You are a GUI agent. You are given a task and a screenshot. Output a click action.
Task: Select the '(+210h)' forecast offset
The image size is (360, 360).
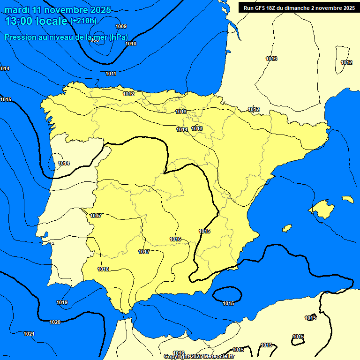click(83, 21)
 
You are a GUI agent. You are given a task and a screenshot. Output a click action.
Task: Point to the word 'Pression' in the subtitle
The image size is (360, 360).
click(20, 37)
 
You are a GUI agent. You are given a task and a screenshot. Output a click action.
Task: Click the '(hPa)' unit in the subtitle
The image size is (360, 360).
click(118, 37)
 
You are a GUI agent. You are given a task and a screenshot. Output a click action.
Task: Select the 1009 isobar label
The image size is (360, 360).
click(120, 26)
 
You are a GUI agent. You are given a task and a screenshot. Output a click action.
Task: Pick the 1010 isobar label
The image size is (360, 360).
click(131, 44)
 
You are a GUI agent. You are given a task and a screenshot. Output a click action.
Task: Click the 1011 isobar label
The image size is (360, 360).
click(111, 74)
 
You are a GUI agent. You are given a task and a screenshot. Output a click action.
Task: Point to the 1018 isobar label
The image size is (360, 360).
click(103, 269)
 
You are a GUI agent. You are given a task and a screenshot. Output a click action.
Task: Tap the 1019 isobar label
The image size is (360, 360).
click(62, 302)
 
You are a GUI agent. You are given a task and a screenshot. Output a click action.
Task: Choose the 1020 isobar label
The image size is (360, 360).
click(55, 322)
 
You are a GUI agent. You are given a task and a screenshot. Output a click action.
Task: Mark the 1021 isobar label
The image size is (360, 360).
click(29, 334)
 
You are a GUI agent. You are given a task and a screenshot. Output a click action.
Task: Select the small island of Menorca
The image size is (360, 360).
click(348, 199)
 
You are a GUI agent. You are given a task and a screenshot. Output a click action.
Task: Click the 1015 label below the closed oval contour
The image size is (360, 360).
click(228, 303)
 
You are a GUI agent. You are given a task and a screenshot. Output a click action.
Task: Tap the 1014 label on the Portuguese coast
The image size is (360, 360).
click(64, 163)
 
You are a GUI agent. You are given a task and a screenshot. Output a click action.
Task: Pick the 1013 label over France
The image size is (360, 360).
click(271, 59)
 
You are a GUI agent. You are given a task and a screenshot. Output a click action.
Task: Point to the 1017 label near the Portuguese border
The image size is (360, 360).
click(96, 216)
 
